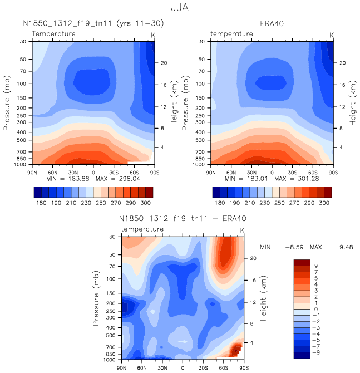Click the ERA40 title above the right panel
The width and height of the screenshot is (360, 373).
(x=272, y=24)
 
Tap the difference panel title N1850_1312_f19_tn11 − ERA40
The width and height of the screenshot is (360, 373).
(x=182, y=219)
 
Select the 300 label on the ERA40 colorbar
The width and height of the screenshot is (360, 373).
(x=324, y=204)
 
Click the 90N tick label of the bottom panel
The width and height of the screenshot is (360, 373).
(x=122, y=369)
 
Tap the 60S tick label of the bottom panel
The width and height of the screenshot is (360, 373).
(x=223, y=369)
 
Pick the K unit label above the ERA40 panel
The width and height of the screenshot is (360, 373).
(x=332, y=35)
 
